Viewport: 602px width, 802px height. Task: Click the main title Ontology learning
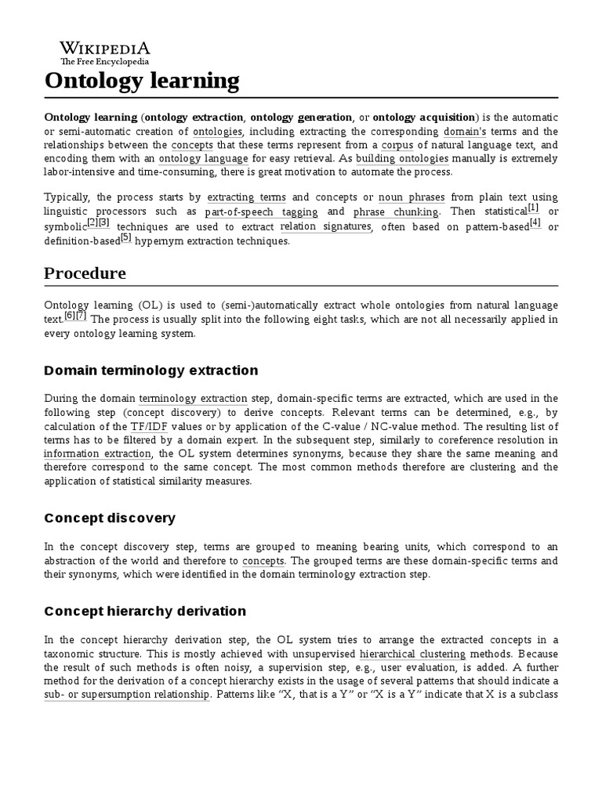click(142, 80)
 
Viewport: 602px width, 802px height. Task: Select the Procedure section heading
click(85, 273)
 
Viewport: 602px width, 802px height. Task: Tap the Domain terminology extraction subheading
click(151, 370)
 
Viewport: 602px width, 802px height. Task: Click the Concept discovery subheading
click(110, 518)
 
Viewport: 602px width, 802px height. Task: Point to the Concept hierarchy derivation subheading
click(145, 611)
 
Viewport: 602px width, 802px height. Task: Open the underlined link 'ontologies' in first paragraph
click(218, 132)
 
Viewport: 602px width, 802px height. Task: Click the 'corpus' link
click(397, 146)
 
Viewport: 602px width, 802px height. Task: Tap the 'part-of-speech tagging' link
click(261, 212)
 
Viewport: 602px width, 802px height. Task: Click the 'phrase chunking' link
click(397, 212)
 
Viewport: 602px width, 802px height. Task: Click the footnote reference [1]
click(533, 208)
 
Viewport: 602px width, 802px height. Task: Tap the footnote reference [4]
click(535, 223)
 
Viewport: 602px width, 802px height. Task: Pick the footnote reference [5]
click(126, 237)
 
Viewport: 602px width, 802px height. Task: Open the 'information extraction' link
click(97, 454)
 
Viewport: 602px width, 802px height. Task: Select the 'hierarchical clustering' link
click(412, 654)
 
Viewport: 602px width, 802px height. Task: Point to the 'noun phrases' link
click(411, 197)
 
